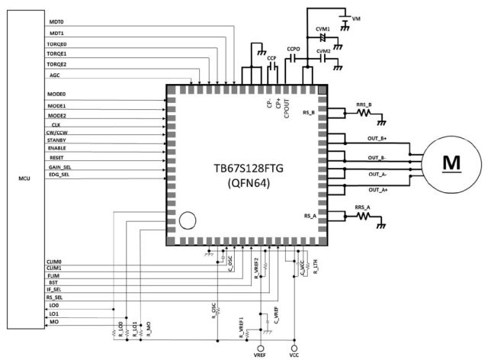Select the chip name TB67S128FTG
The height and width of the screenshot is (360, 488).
click(246, 166)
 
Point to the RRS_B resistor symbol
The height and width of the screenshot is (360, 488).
click(364, 113)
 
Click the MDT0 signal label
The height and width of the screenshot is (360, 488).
click(56, 22)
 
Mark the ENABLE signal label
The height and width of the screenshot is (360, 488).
click(56, 147)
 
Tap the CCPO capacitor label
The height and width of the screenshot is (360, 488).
click(294, 48)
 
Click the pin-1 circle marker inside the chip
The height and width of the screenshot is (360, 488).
click(188, 222)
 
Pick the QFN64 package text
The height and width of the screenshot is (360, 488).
click(246, 183)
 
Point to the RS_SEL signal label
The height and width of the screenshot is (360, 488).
click(55, 297)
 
